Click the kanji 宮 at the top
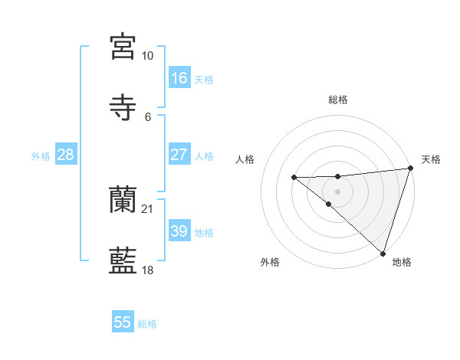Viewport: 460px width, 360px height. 123,47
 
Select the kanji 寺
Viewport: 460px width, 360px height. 123,106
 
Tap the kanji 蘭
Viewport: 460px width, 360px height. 123,200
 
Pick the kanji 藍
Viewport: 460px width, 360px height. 123,260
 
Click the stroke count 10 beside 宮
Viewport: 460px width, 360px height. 148,56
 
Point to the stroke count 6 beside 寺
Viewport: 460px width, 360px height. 148,116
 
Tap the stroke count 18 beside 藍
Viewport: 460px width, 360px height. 148,270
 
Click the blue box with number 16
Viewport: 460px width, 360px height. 179,78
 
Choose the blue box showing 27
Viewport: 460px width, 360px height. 179,155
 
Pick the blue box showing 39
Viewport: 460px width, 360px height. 179,231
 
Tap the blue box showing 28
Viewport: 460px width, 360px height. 65,155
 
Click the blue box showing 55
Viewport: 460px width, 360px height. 123,322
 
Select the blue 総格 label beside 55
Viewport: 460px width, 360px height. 148,324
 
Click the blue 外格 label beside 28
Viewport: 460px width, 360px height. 41,156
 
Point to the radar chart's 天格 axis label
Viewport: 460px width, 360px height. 431,160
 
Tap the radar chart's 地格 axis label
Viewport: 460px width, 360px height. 402,263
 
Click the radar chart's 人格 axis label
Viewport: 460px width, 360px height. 245,160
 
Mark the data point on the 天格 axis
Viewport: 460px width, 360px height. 410,169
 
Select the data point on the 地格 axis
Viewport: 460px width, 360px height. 383,254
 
